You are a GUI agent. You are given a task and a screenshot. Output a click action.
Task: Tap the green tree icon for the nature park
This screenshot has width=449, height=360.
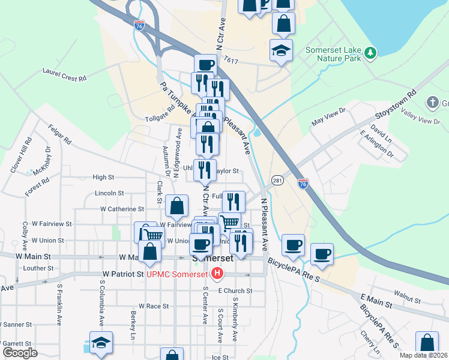point(371,53)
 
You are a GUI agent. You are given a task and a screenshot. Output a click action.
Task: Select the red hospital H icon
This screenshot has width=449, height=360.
point(217,274)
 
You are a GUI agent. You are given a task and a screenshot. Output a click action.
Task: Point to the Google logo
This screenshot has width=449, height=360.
point(20,353)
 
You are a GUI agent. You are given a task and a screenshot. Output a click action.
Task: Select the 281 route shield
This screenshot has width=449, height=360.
point(277,181)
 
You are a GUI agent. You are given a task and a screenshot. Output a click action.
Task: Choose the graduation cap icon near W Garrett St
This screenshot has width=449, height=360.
point(101,342)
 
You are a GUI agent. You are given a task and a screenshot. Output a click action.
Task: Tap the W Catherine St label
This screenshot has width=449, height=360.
point(122,209)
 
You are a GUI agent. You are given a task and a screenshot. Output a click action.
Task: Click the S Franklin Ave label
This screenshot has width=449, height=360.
point(59,304)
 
